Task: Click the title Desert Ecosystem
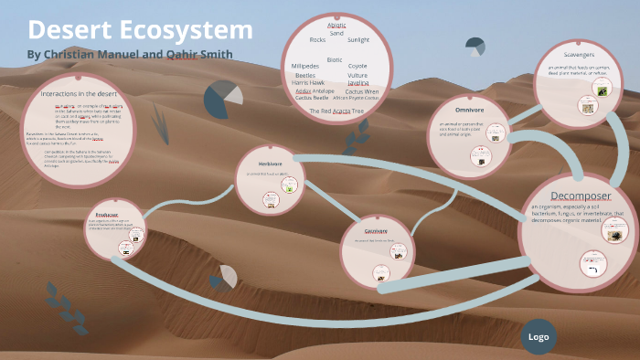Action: point(140,29)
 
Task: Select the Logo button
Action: point(539,337)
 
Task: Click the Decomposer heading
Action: point(580,196)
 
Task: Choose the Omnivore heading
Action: point(468,110)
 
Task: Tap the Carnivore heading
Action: point(376,231)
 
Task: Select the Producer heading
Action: point(108,214)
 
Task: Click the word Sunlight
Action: point(358,40)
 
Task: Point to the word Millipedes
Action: point(305,67)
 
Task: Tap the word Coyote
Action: point(357,67)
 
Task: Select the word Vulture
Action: point(357,75)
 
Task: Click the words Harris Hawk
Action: point(308,83)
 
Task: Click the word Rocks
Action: point(317,40)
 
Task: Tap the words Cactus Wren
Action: point(362,91)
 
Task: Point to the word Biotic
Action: point(335,58)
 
